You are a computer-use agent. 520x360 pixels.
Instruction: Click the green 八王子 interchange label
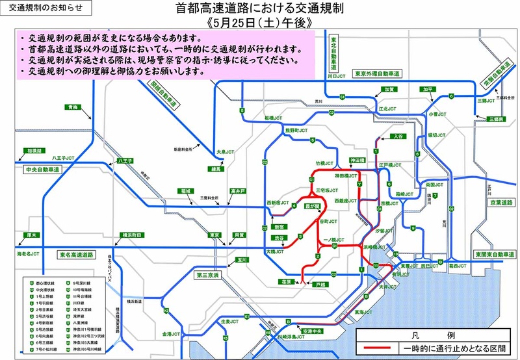click(125, 159)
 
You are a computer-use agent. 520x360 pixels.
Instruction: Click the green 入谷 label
click(398, 136)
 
